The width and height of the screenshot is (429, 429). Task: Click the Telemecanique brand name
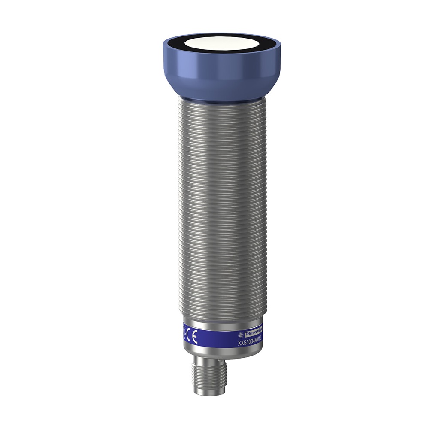pos(253,332)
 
